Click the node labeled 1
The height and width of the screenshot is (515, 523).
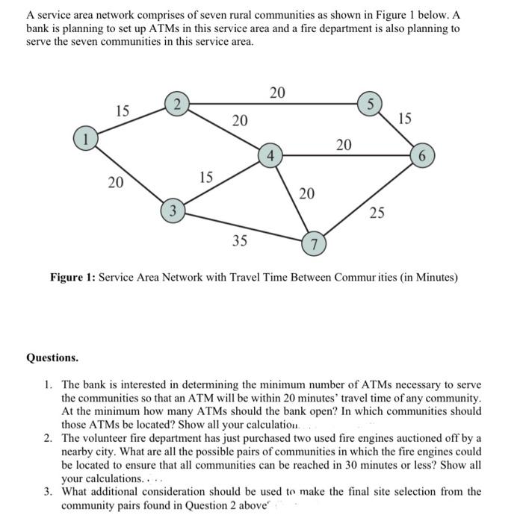(x=86, y=137)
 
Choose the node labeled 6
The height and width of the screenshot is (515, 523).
(x=423, y=156)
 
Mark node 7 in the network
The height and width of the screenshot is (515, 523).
(x=315, y=245)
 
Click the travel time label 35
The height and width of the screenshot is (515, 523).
(x=240, y=242)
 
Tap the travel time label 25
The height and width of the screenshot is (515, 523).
(x=378, y=213)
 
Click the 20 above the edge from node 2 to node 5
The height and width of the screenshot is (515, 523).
(x=277, y=93)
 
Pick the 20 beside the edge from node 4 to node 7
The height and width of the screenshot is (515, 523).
(x=307, y=194)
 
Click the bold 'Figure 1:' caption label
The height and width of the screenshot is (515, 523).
(x=72, y=278)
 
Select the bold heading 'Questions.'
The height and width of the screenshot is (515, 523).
(x=52, y=358)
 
